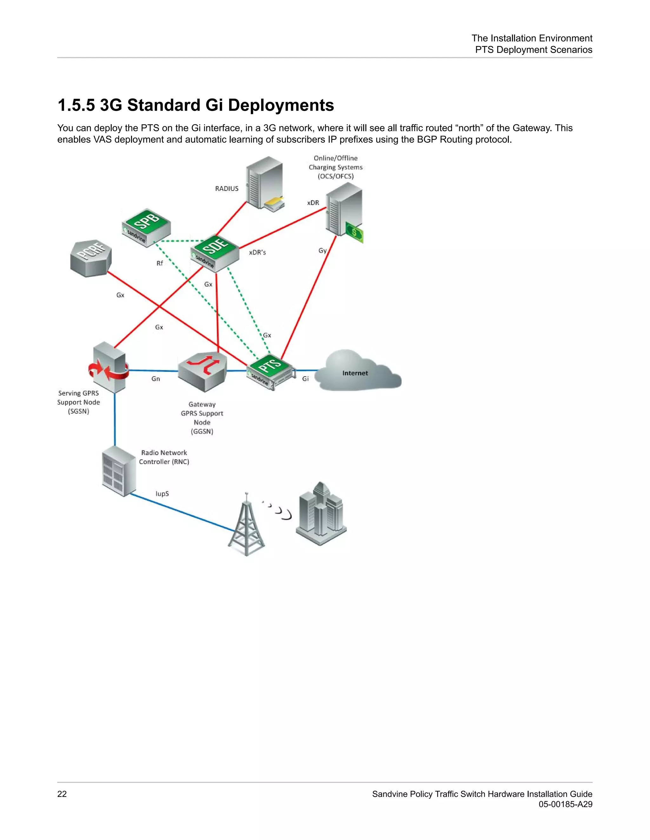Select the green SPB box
[146, 227]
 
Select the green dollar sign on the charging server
[354, 232]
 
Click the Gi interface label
[305, 379]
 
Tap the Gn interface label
[156, 379]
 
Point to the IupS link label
[162, 494]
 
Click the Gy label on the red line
[322, 250]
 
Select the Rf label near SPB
[159, 263]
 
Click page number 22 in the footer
[62, 794]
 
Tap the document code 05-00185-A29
[565, 804]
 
